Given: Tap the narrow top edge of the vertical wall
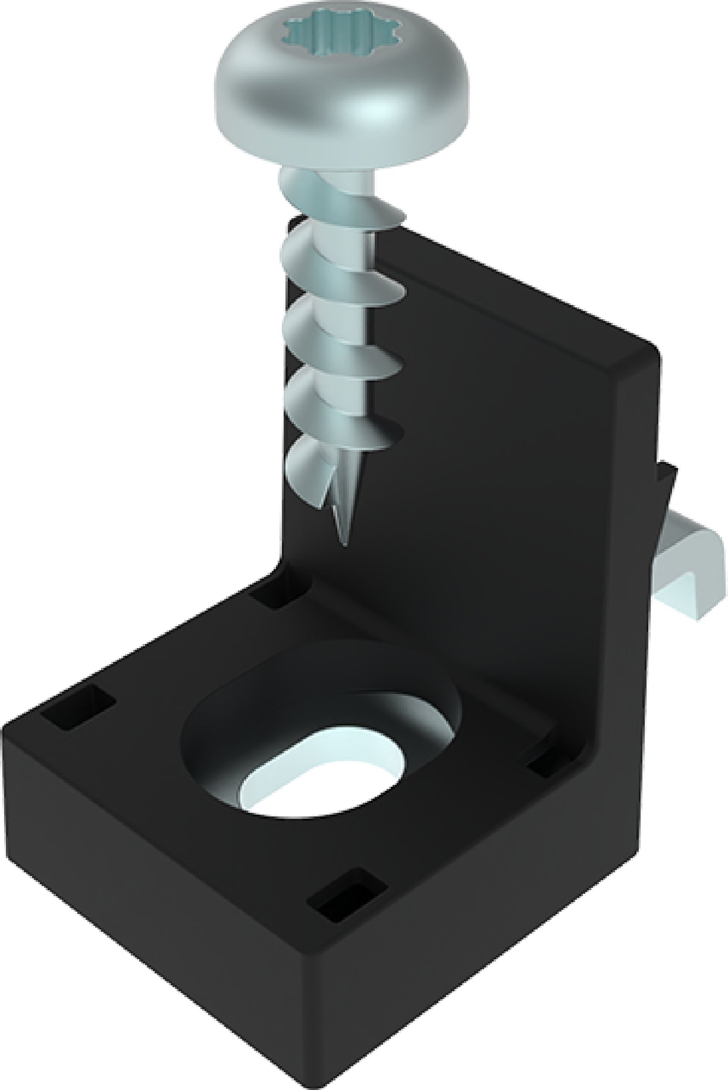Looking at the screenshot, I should pos(511,297).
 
